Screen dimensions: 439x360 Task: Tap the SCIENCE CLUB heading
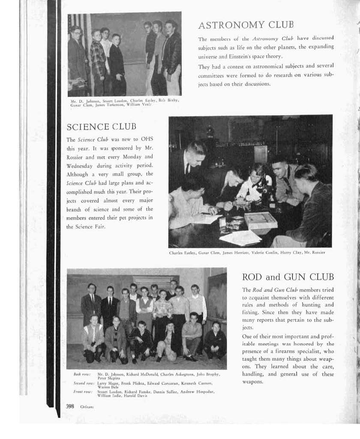click(101, 127)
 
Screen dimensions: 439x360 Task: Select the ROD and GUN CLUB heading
click(288, 277)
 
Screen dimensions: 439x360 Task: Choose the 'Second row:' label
click(82, 383)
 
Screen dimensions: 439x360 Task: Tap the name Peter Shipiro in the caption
click(109, 378)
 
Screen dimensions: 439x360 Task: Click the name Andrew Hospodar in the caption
click(198, 392)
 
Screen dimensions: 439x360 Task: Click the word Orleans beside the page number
click(87, 406)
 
